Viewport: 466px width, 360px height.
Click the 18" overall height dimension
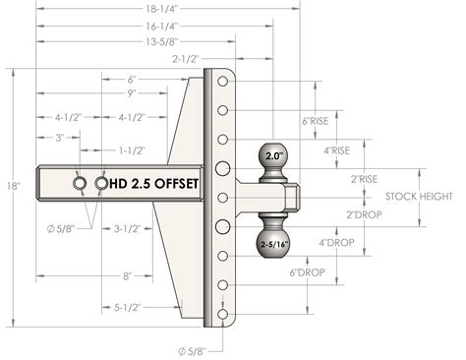[11, 184]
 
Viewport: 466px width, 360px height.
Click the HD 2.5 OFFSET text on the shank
[154, 184]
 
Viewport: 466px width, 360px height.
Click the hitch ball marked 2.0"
[272, 157]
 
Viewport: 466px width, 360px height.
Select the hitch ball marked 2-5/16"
[272, 240]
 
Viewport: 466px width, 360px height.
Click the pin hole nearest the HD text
[102, 184]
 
